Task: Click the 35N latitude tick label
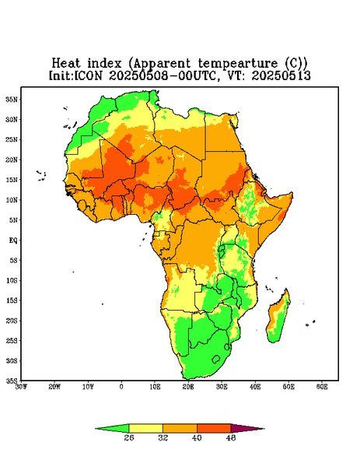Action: (x=12, y=100)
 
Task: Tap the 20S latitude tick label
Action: (x=12, y=321)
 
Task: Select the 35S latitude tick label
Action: (x=12, y=381)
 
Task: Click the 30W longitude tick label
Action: (x=22, y=387)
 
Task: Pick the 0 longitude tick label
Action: (x=121, y=387)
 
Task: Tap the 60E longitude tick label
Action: (x=322, y=387)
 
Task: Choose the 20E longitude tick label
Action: (x=188, y=387)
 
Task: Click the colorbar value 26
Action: (x=129, y=438)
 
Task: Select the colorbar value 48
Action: (x=231, y=438)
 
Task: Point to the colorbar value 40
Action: (x=197, y=438)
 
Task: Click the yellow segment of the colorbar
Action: (x=145, y=428)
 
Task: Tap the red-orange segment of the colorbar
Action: (x=214, y=428)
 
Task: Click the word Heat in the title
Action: (x=66, y=64)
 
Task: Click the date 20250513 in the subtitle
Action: (x=281, y=75)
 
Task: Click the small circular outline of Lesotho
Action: (x=216, y=359)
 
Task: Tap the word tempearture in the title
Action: (x=238, y=64)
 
